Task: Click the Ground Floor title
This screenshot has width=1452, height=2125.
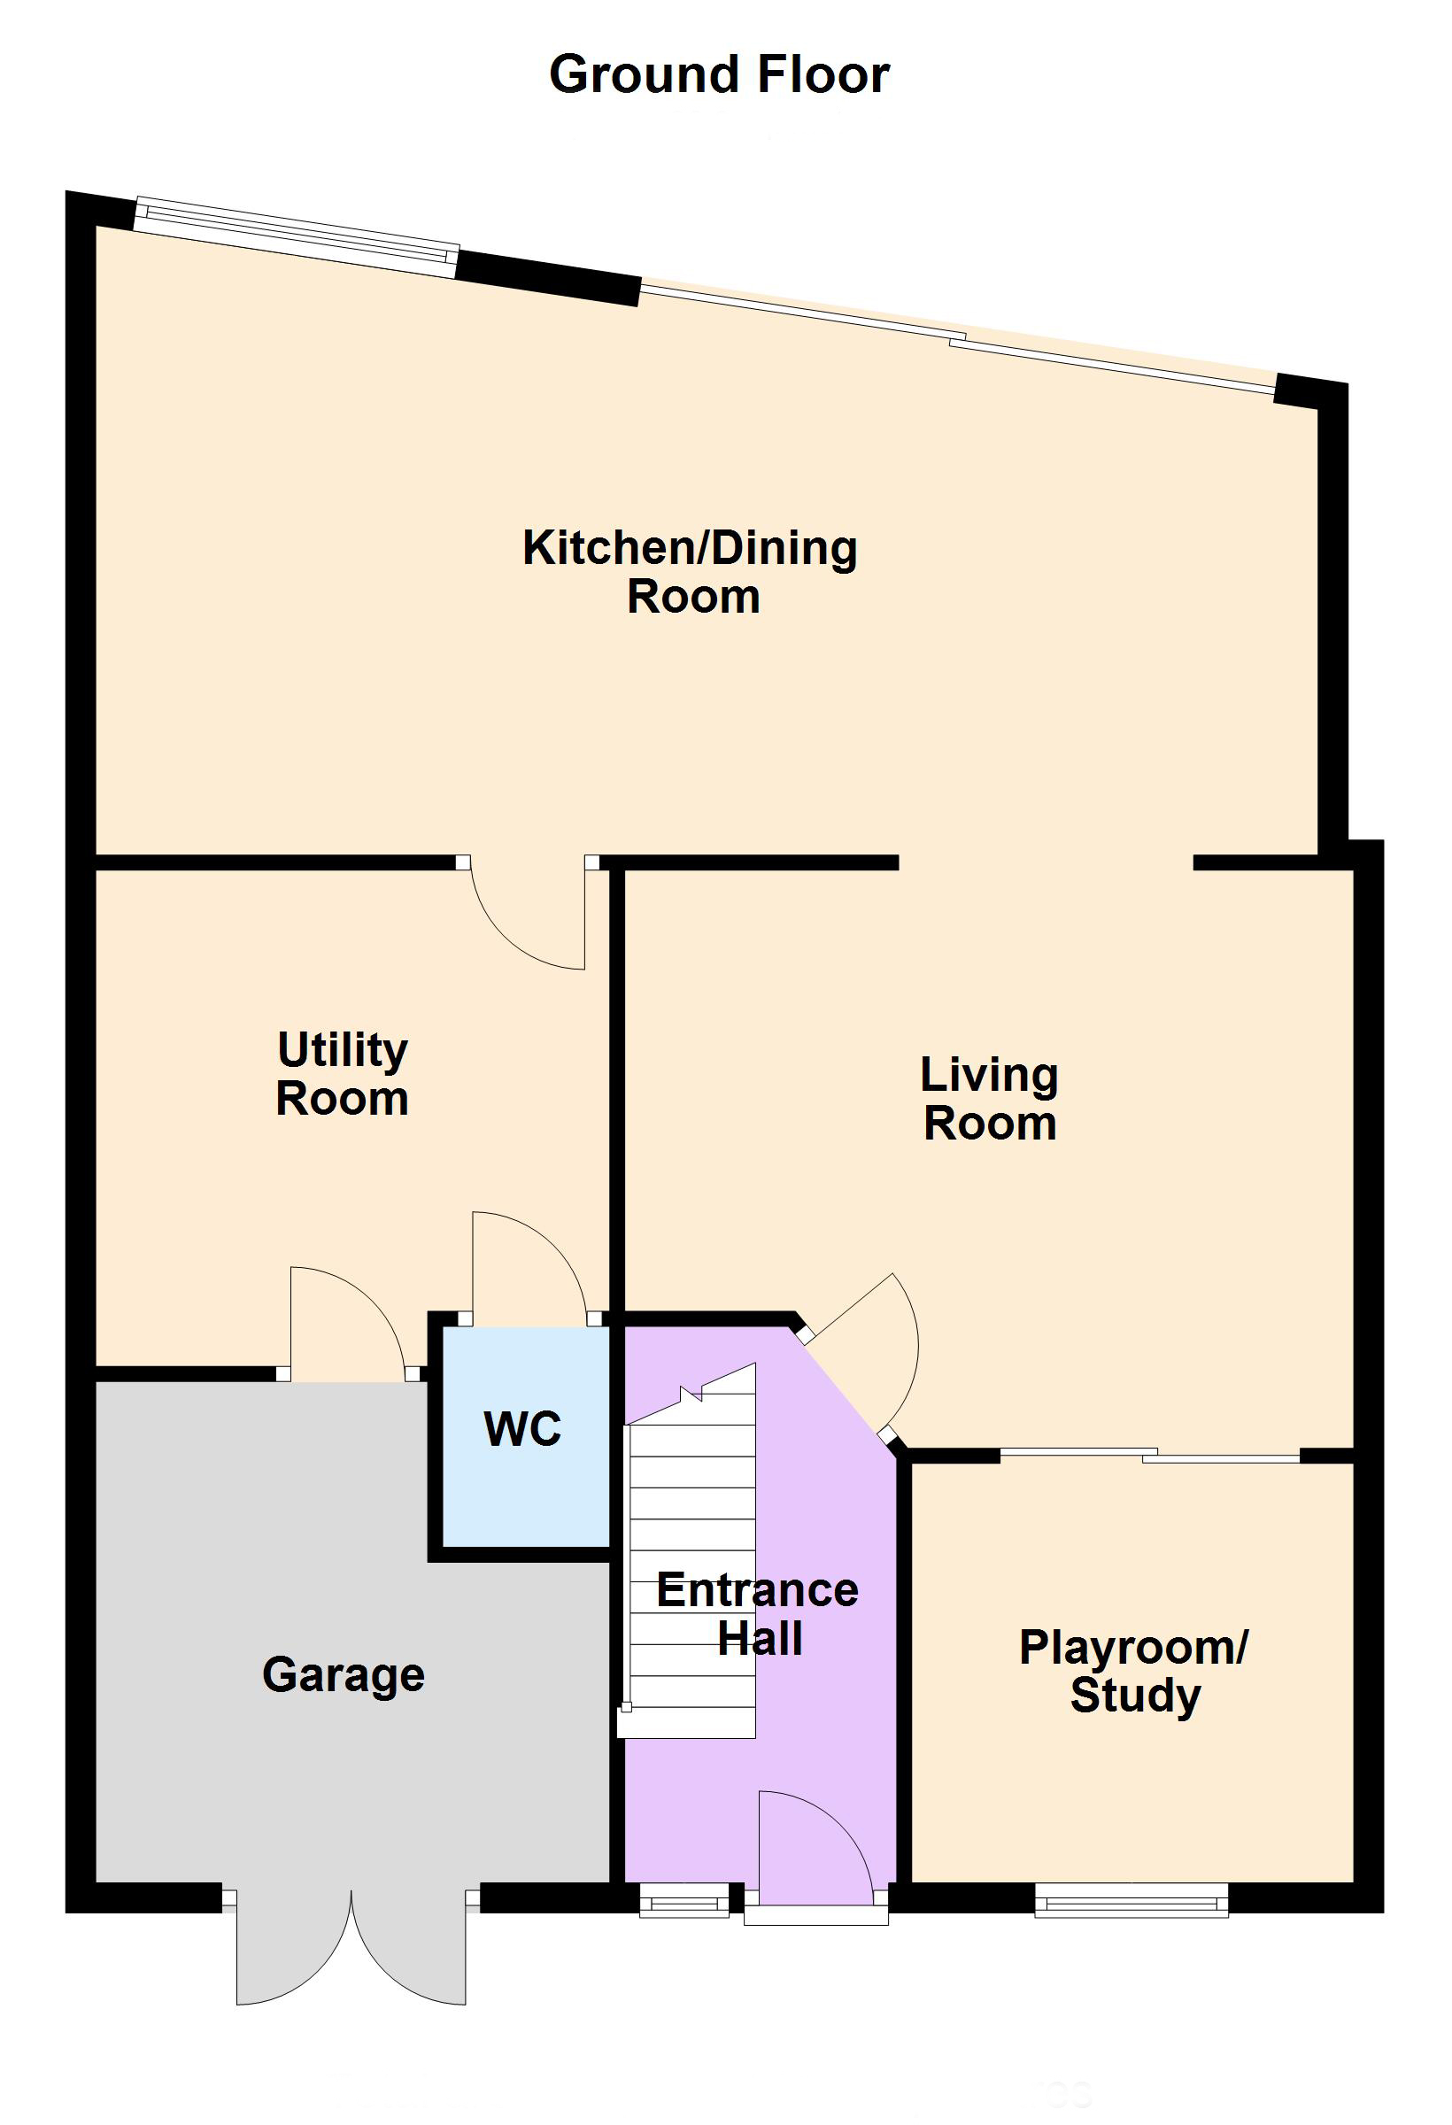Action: [719, 74]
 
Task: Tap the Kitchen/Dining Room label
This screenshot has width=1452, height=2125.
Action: [691, 571]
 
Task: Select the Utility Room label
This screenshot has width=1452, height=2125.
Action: [343, 1073]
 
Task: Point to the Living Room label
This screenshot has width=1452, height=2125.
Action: [989, 1098]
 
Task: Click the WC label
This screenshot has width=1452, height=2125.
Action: [522, 1429]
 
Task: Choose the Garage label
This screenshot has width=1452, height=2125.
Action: [344, 1676]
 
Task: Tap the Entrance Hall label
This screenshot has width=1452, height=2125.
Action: [758, 1614]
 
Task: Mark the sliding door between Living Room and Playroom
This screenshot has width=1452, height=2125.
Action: [1149, 1456]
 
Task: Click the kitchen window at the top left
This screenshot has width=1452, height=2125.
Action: [296, 236]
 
